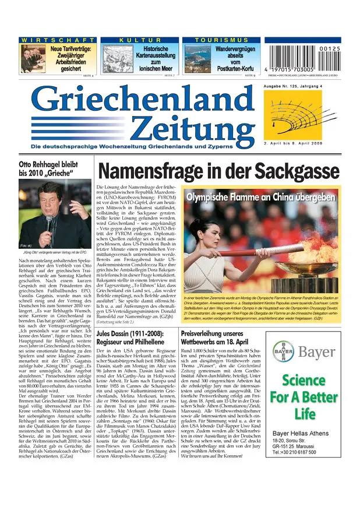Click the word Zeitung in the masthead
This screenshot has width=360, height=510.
tap(189, 128)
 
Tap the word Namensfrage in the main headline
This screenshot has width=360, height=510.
tap(153, 170)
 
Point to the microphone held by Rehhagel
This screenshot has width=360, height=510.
tap(49, 222)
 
